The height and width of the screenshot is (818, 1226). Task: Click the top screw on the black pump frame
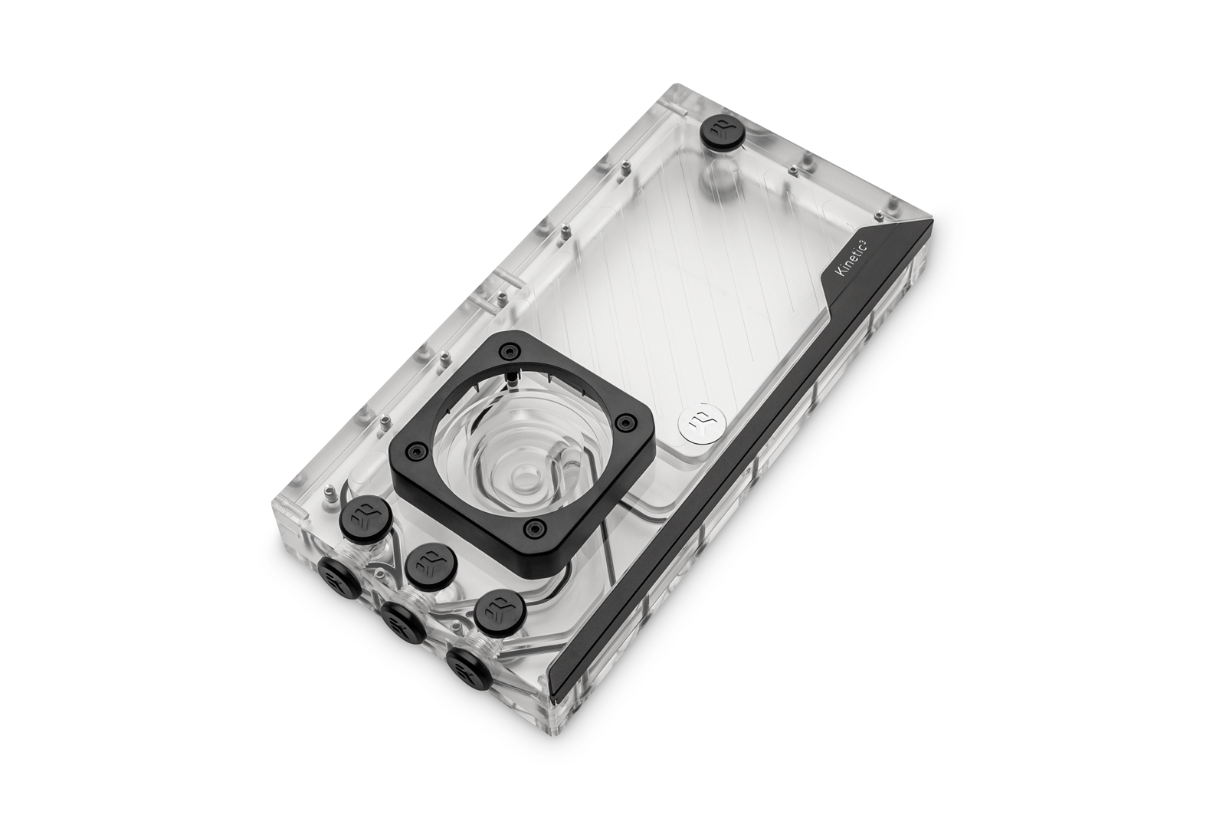511,350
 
